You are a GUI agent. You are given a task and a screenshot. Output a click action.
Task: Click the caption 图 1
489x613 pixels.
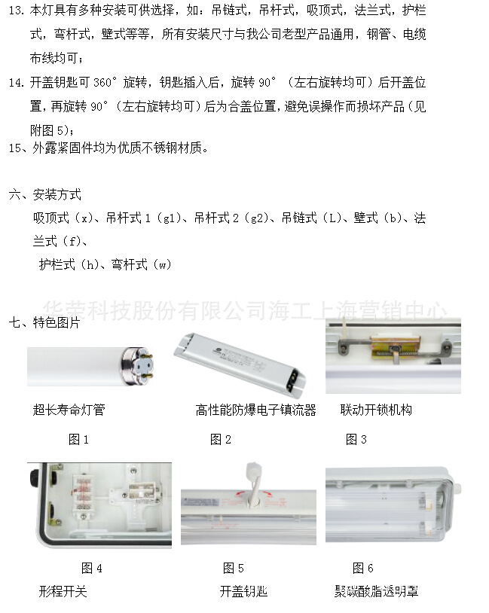click(78, 440)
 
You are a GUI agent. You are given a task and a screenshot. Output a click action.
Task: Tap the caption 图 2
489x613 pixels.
click(220, 440)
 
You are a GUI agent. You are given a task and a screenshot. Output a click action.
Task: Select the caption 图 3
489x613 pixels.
click(356, 440)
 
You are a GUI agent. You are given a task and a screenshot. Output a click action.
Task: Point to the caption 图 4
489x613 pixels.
click(91, 569)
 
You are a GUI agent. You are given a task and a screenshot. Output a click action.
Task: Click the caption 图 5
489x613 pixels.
click(233, 569)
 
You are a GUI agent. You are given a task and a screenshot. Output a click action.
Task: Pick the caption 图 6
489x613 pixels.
click(362, 569)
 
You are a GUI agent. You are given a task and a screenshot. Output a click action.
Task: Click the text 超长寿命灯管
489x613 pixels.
click(69, 410)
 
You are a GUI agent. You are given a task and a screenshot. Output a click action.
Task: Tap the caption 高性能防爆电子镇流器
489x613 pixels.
click(255, 410)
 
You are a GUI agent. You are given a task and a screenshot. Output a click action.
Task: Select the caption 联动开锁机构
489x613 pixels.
click(376, 410)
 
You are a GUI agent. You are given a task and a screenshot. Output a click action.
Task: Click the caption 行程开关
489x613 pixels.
click(63, 592)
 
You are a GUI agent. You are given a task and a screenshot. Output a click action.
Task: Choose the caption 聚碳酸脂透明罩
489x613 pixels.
click(376, 592)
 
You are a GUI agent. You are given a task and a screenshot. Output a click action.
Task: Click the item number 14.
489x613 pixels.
click(16, 82)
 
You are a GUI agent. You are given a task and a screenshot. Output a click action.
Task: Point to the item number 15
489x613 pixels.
click(16, 148)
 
